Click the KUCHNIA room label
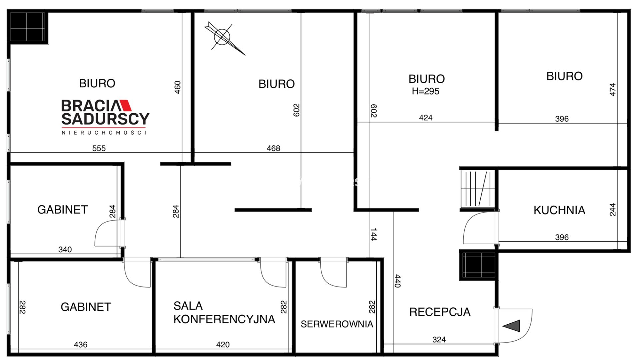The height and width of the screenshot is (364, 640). pyautogui.click(x=559, y=210)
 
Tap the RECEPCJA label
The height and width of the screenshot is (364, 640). pyautogui.click(x=440, y=312)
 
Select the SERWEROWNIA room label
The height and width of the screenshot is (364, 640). pyautogui.click(x=337, y=324)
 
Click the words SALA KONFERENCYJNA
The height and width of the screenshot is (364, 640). pyautogui.click(x=224, y=313)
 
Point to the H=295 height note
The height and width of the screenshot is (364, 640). pyautogui.click(x=426, y=91)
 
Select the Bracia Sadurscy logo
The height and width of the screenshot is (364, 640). pyautogui.click(x=105, y=117)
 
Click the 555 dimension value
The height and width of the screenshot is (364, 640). pyautogui.click(x=99, y=148)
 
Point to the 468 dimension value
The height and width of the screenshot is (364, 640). pyautogui.click(x=273, y=148)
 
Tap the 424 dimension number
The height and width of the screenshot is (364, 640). pyautogui.click(x=426, y=118)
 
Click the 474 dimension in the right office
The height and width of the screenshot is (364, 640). pyautogui.click(x=613, y=90)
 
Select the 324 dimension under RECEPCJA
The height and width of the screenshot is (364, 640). pyautogui.click(x=439, y=340)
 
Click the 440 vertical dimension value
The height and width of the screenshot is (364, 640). pyautogui.click(x=397, y=281)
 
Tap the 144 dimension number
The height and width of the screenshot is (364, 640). pyautogui.click(x=373, y=235)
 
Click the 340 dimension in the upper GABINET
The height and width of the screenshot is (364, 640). pyautogui.click(x=65, y=250)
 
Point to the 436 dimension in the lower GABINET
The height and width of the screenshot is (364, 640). pyautogui.click(x=81, y=345)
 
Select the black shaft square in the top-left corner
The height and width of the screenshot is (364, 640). pyautogui.click(x=28, y=27)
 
